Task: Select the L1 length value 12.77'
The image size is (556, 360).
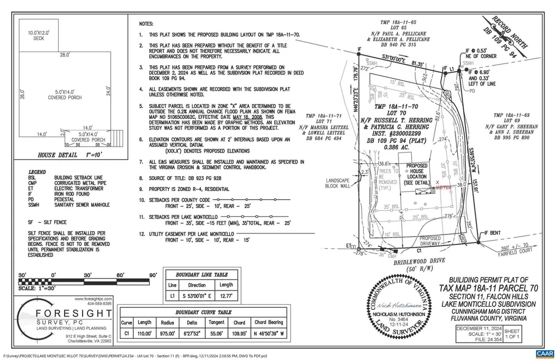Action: [x=225, y=296]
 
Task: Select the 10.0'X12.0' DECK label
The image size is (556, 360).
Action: [x=39, y=36]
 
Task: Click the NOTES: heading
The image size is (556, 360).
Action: [x=147, y=24]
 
